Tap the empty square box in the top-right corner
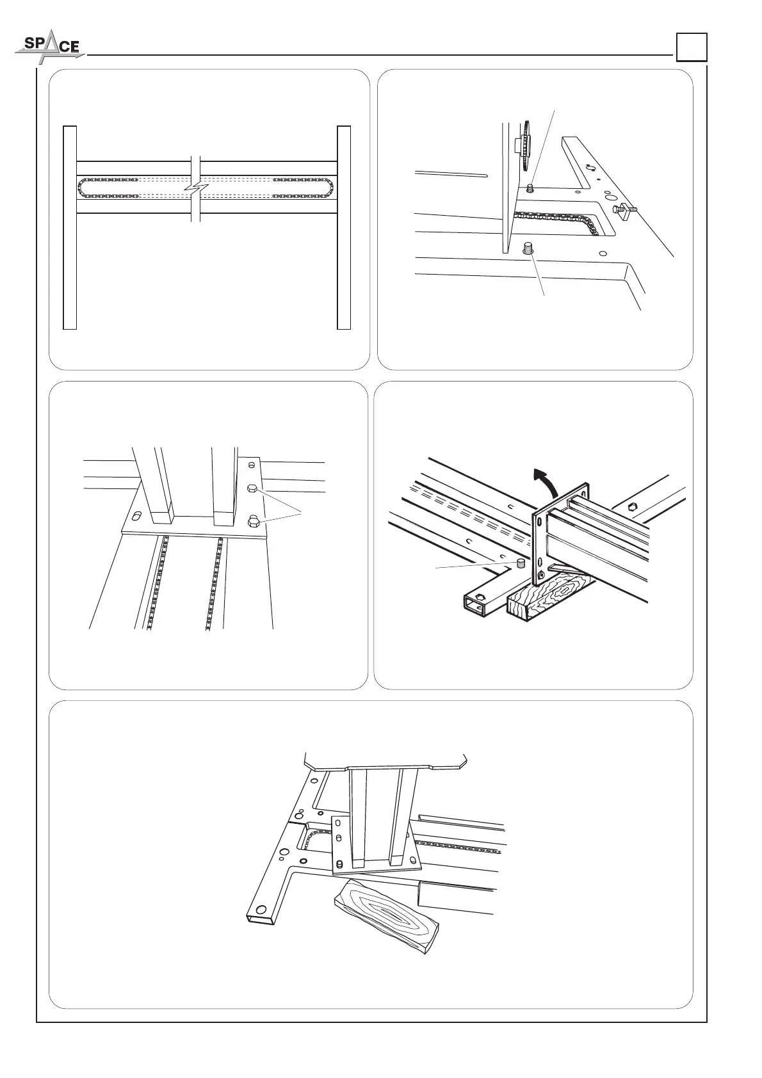[x=692, y=47]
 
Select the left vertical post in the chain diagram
[x=70, y=227]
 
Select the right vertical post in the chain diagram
[x=344, y=227]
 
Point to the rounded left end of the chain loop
[x=81, y=188]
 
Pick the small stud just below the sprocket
[x=530, y=188]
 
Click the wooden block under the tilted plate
[x=551, y=596]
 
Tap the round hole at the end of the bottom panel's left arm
[x=260, y=910]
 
